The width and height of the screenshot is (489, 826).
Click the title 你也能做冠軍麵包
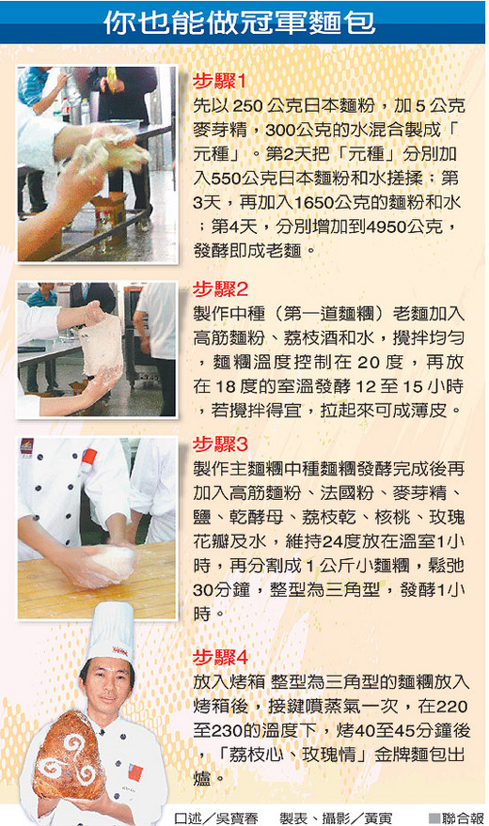pyautogui.click(x=240, y=23)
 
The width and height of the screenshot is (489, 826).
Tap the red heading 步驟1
pyautogui.click(x=220, y=82)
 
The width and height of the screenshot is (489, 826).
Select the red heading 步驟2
pyautogui.click(x=220, y=289)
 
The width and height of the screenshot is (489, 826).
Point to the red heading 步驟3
pyautogui.click(x=220, y=444)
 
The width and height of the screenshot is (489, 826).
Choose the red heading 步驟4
pyautogui.click(x=220, y=658)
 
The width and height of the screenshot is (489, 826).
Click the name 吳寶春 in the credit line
pyautogui.click(x=236, y=818)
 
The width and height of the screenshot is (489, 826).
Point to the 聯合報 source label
pyautogui.click(x=457, y=818)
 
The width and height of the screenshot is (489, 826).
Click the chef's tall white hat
pyautogui.click(x=111, y=632)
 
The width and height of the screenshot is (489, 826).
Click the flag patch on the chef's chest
pyautogui.click(x=134, y=771)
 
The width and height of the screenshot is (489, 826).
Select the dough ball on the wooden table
pyautogui.click(x=112, y=564)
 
